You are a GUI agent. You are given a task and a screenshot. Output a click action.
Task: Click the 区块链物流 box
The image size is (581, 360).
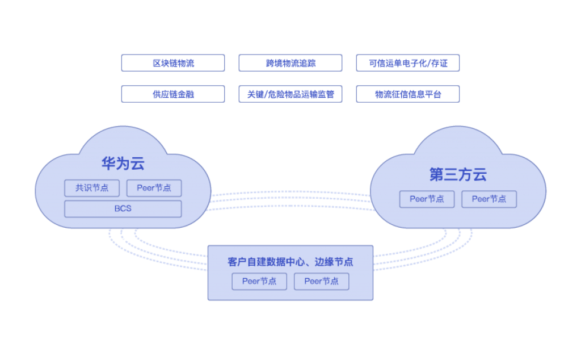coord(173,63)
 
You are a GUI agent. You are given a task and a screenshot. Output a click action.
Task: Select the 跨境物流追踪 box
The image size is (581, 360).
coord(290,63)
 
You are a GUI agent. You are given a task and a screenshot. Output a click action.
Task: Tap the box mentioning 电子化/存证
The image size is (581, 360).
coord(408,63)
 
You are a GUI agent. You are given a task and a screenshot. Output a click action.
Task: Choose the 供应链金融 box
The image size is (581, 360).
coord(173,94)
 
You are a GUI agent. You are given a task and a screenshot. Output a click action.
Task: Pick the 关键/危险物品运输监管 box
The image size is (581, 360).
coord(290,94)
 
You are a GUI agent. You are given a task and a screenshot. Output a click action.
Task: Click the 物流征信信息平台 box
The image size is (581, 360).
coord(408,94)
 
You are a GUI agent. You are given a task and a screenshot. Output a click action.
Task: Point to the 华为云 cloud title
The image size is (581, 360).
coord(123,164)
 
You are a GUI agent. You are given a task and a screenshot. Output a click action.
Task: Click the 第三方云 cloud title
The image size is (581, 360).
coord(458,174)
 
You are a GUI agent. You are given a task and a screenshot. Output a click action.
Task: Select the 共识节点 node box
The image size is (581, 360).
coord(92,188)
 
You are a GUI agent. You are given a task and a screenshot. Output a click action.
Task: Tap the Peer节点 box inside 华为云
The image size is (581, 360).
coord(154,188)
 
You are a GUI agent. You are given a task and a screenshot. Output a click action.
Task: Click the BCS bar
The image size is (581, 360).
coord(123,208)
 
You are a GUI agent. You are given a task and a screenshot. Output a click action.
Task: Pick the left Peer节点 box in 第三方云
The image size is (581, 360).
coord(427,199)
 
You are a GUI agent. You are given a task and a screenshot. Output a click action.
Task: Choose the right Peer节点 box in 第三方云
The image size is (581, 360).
coord(489,199)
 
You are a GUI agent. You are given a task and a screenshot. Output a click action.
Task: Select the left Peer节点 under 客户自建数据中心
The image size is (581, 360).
coord(259,281)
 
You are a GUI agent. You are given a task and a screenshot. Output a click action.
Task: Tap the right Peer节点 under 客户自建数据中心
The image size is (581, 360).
coord(321,281)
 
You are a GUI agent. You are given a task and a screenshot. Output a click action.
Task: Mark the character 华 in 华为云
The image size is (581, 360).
coord(109,164)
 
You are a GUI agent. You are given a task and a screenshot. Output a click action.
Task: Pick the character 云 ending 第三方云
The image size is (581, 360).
coord(479,174)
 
